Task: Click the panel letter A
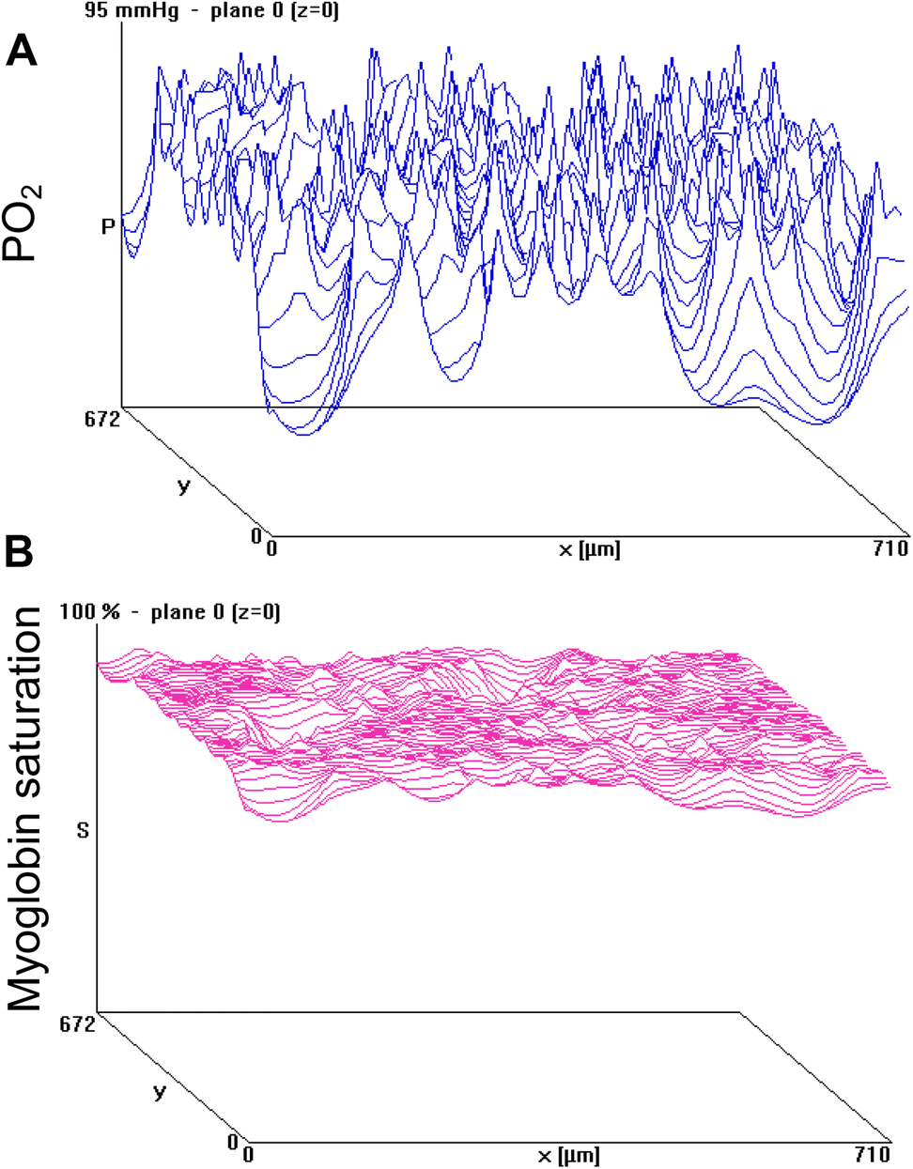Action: click(x=22, y=49)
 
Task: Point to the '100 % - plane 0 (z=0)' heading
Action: click(x=170, y=612)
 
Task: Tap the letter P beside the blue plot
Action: click(x=108, y=226)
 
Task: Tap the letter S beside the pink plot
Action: click(x=83, y=830)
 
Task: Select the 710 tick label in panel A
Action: click(x=890, y=547)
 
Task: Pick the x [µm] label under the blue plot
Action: click(x=589, y=548)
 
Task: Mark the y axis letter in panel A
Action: click(x=183, y=486)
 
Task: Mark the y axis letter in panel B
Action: click(x=159, y=1092)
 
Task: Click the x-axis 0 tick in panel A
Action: click(x=272, y=547)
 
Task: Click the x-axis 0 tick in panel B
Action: click(x=248, y=1154)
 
